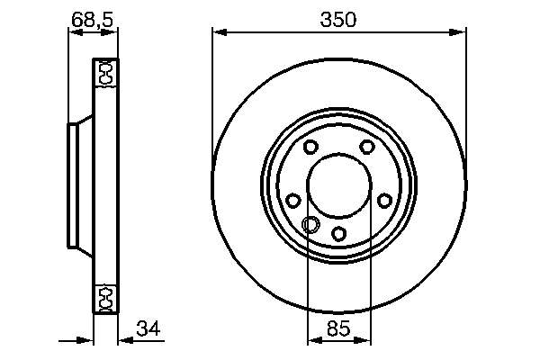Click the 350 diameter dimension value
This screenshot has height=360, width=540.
click(339, 19)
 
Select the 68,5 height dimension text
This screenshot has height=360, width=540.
click(92, 17)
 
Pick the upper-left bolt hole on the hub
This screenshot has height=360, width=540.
click(310, 148)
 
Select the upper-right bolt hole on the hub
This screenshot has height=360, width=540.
click(367, 148)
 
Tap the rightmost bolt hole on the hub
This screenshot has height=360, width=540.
click(384, 201)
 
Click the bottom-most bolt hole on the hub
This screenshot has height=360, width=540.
click(339, 233)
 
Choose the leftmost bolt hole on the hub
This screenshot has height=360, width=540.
click(293, 202)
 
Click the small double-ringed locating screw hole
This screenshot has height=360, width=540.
click(311, 224)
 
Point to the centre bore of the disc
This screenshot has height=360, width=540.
click(339, 187)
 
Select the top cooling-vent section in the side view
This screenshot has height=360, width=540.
click(104, 74)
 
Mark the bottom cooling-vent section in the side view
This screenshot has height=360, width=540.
click(104, 297)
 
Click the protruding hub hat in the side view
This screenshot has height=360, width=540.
click(76, 186)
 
